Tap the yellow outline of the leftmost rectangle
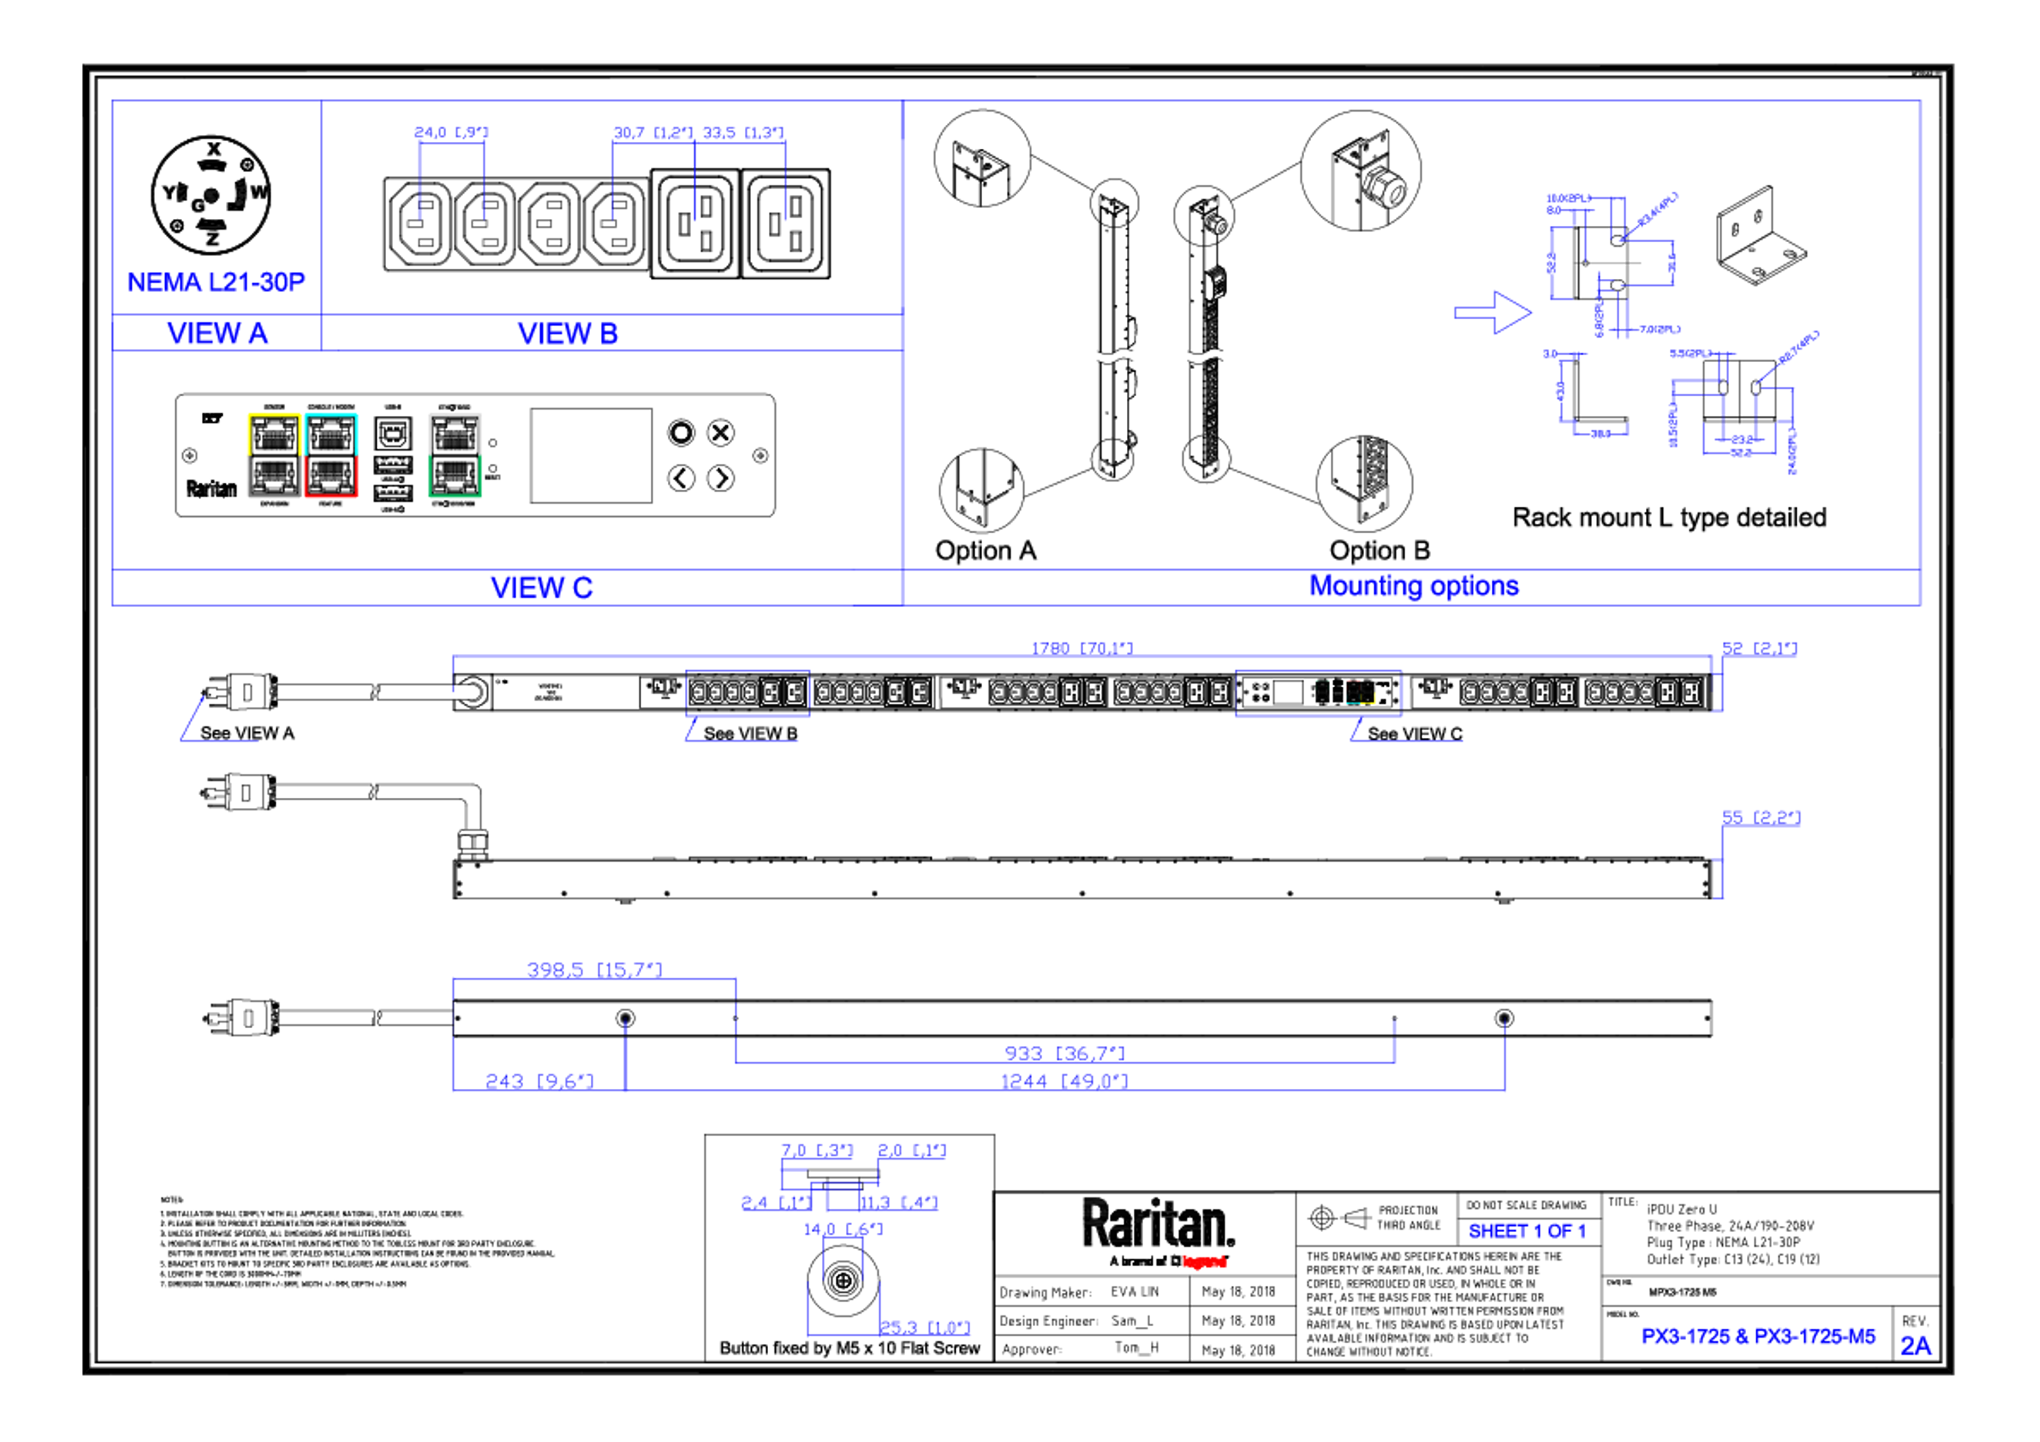tap(274, 415)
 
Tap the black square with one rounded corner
tap(235, 202)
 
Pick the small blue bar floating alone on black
tap(1534, 1233)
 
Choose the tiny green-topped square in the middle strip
tap(1323, 691)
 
